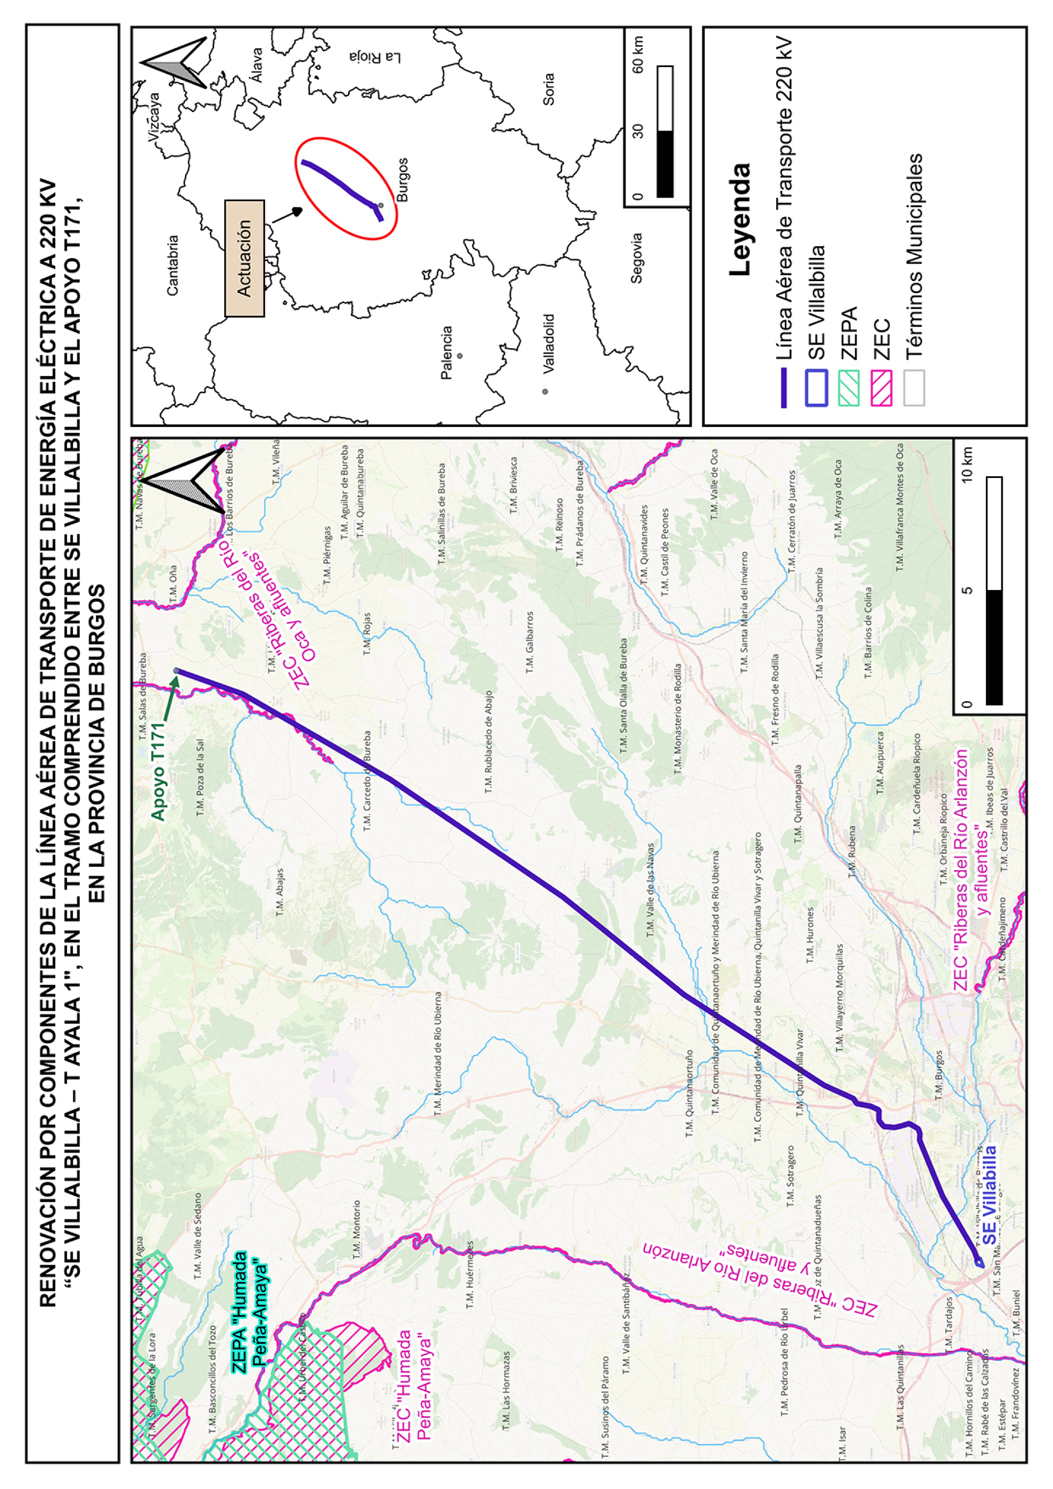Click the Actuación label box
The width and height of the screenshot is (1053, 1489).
coord(245,258)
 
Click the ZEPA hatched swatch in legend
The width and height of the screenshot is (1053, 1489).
coord(848,388)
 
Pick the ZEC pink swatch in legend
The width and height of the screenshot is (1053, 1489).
coord(881,388)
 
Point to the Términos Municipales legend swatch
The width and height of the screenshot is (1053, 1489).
coord(914,388)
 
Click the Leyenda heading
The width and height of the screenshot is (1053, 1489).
coord(739,220)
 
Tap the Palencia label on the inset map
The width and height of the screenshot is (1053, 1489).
coord(446,352)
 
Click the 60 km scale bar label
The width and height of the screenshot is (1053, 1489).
coord(638,55)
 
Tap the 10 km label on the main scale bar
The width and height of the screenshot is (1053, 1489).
coord(967,465)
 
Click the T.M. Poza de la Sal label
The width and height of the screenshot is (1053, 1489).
coord(201,778)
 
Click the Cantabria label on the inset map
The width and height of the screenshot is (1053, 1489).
coord(173,266)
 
